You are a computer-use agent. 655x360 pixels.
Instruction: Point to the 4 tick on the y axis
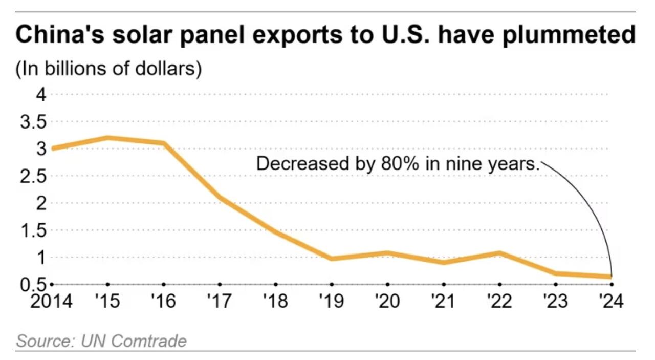tap(41, 95)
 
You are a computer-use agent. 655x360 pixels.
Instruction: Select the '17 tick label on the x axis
tap(220, 301)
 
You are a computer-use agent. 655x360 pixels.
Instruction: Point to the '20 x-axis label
tap(387, 301)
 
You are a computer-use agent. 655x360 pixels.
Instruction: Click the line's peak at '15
tap(107, 138)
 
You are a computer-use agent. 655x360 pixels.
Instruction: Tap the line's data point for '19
tap(332, 259)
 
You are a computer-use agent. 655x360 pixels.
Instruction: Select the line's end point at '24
tap(611, 277)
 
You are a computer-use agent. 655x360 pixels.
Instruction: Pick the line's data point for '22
tap(499, 253)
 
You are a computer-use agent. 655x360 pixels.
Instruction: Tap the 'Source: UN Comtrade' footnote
tap(101, 341)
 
